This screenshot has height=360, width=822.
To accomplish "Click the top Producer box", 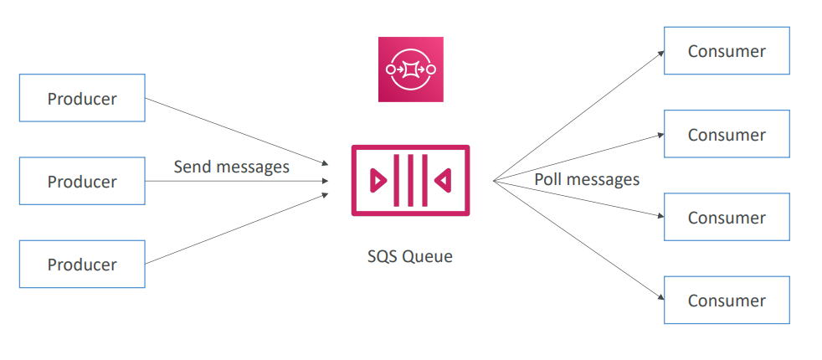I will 82,98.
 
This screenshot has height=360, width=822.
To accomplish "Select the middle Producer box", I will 82,181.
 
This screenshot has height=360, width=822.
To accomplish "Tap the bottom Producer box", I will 82,264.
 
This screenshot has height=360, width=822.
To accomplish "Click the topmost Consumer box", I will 727,51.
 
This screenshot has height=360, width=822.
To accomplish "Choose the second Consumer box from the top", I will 727,134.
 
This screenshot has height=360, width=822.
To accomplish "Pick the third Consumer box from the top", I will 727,217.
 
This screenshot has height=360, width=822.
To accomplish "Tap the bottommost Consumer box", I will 727,300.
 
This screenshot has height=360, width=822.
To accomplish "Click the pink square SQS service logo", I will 410,69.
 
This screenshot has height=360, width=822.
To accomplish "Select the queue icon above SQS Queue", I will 410,180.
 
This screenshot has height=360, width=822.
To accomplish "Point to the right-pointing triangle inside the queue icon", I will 378,180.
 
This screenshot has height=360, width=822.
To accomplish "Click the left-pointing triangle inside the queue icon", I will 443,180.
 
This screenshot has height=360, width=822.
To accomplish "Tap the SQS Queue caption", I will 410,256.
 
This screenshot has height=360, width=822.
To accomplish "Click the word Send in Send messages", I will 193,167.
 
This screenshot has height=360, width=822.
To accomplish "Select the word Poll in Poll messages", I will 549,179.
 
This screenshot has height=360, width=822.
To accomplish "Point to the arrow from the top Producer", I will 234,130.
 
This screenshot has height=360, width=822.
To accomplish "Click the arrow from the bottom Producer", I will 234,229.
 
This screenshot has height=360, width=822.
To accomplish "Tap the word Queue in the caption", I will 427,256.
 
